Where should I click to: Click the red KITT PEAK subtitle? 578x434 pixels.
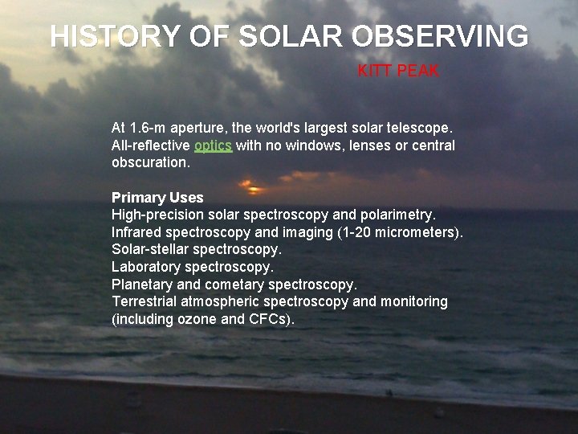pos(398,71)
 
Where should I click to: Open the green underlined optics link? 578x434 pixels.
pos(213,145)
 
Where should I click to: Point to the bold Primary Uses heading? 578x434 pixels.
pos(157,197)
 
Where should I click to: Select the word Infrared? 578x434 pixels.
pos(136,232)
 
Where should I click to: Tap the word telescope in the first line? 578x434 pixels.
pos(424,128)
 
